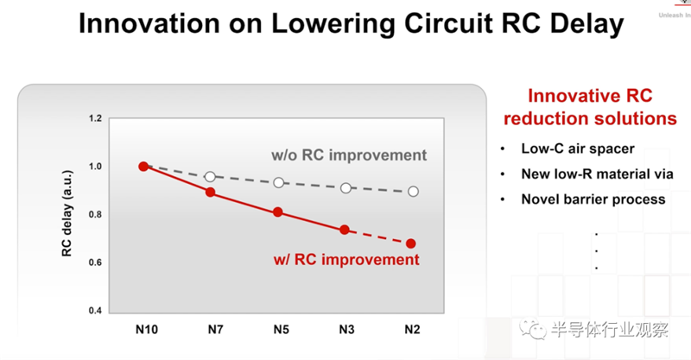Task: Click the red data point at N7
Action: (x=210, y=193)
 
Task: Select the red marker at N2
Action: (x=411, y=243)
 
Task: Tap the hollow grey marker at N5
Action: (x=278, y=183)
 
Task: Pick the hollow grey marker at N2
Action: (x=413, y=192)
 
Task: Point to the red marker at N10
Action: (x=143, y=167)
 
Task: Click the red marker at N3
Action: (x=345, y=230)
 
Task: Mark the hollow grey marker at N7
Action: (x=210, y=177)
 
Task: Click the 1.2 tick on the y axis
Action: (x=94, y=118)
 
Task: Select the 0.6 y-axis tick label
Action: (x=94, y=262)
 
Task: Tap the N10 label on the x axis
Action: (x=145, y=329)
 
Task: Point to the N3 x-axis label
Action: (x=345, y=329)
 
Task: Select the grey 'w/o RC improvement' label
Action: (x=349, y=156)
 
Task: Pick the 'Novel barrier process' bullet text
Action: (x=593, y=199)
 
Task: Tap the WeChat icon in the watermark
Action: (x=542, y=330)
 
